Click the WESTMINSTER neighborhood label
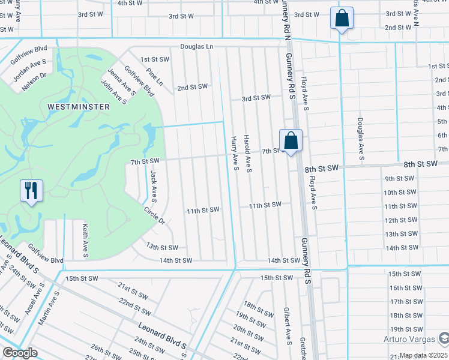pyautogui.click(x=79, y=107)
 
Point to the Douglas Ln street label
pyautogui.click(x=197, y=46)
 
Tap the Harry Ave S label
pyautogui.click(x=235, y=152)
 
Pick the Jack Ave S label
pyautogui.click(x=154, y=185)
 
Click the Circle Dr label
pyautogui.click(x=154, y=216)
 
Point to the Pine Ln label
pyautogui.click(x=154, y=77)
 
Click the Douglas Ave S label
pyautogui.click(x=361, y=139)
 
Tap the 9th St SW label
pyautogui.click(x=399, y=178)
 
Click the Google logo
pyautogui.click(x=20, y=353)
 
